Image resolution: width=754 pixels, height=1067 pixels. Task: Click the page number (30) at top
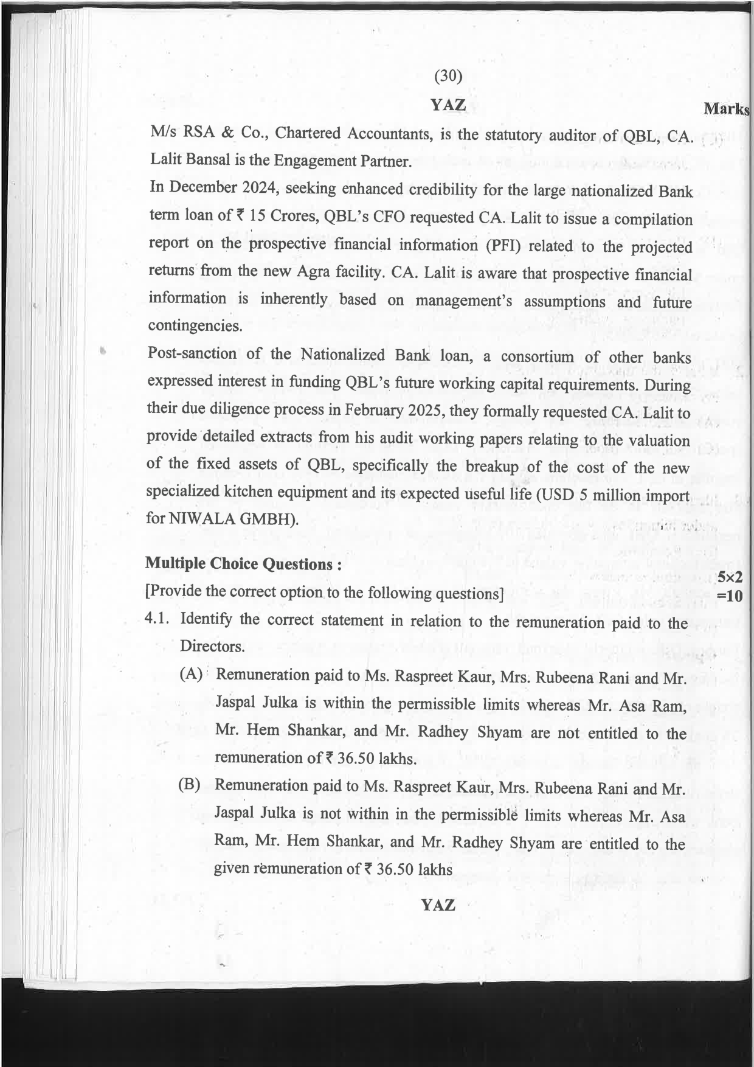coord(449,76)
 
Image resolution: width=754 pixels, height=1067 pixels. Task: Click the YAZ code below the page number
coord(448,105)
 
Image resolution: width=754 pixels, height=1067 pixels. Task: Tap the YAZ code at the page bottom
coord(438,905)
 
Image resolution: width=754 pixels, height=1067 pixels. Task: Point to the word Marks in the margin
coord(726,109)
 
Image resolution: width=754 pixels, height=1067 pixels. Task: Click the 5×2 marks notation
coord(730,577)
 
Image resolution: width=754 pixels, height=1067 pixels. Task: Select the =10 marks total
coord(730,595)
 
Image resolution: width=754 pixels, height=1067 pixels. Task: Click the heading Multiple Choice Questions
coord(243,564)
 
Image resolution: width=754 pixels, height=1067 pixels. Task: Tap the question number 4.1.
coord(159,619)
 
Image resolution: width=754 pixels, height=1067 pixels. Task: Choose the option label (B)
coord(189,784)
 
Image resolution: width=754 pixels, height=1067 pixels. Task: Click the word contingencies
coord(195,325)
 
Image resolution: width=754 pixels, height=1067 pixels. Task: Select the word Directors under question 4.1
coord(212,646)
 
